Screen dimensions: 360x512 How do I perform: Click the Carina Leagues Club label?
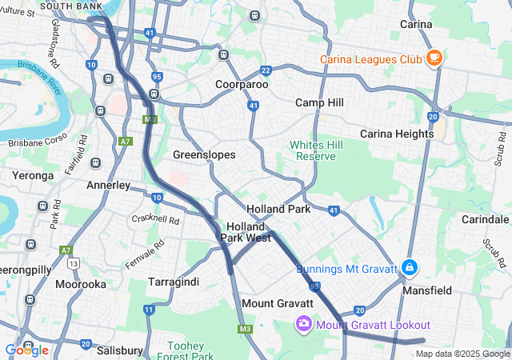click(370, 59)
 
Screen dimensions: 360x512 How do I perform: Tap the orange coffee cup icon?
click(434, 58)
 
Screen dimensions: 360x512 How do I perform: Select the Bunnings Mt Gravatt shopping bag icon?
click(410, 267)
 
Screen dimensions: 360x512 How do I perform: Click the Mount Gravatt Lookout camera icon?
click(304, 324)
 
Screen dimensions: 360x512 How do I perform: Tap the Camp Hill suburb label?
click(319, 102)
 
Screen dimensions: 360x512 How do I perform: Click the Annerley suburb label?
click(107, 185)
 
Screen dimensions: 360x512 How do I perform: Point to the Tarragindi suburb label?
click(174, 282)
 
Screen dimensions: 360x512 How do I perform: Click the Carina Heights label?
click(397, 134)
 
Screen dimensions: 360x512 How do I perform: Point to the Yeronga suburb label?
click(32, 174)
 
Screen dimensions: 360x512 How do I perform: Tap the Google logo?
click(26, 350)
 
